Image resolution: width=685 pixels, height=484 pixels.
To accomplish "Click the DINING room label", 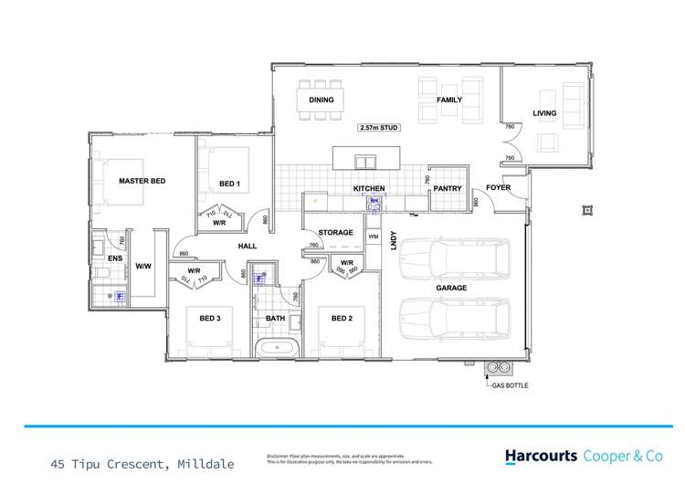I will point(321,100).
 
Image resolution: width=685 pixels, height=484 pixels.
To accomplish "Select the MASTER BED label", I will point(142,182).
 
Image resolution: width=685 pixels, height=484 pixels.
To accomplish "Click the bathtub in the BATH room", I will point(276,347).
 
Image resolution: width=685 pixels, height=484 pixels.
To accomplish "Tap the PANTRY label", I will point(448,188).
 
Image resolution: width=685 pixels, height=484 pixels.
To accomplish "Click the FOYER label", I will point(498,188).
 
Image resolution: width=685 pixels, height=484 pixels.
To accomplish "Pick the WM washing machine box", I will point(373,237).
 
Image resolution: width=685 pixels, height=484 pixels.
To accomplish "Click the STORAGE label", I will point(335,233).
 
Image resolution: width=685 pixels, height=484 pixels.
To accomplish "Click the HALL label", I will point(247,246).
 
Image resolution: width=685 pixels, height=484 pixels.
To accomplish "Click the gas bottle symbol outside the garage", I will point(498,368).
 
